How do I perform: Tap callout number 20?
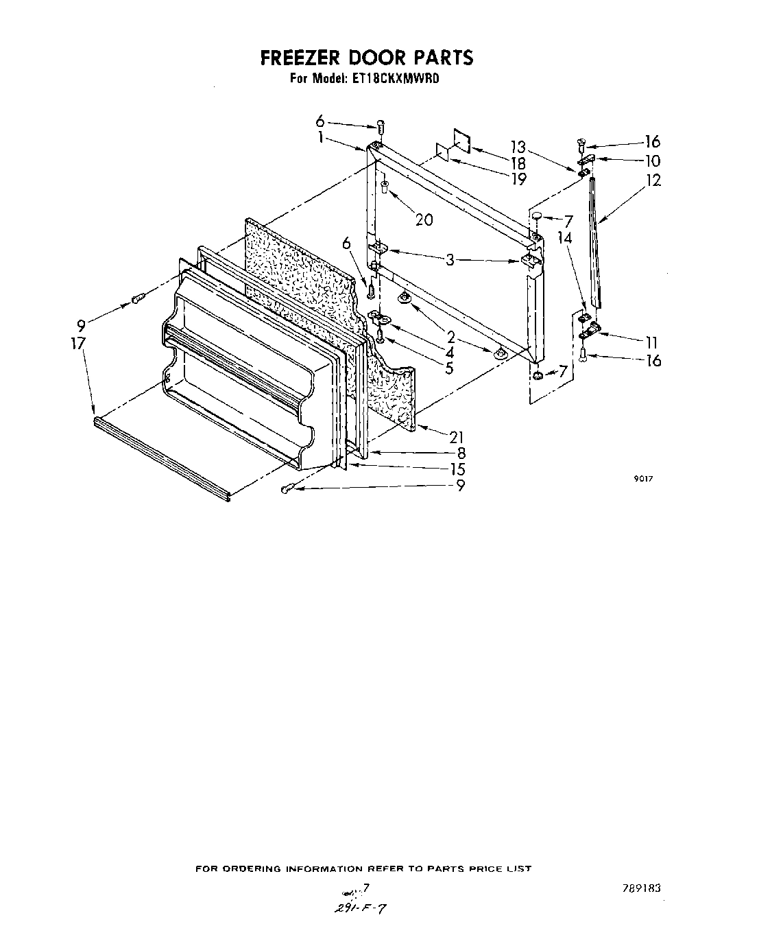[424, 220]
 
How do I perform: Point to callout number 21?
[457, 437]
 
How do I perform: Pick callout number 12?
[653, 181]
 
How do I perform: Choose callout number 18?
[518, 163]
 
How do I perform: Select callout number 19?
[518, 179]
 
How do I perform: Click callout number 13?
[518, 147]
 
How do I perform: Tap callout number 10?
[652, 161]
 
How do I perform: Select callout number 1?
[321, 137]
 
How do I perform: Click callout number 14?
[564, 238]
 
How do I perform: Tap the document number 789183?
[642, 887]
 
